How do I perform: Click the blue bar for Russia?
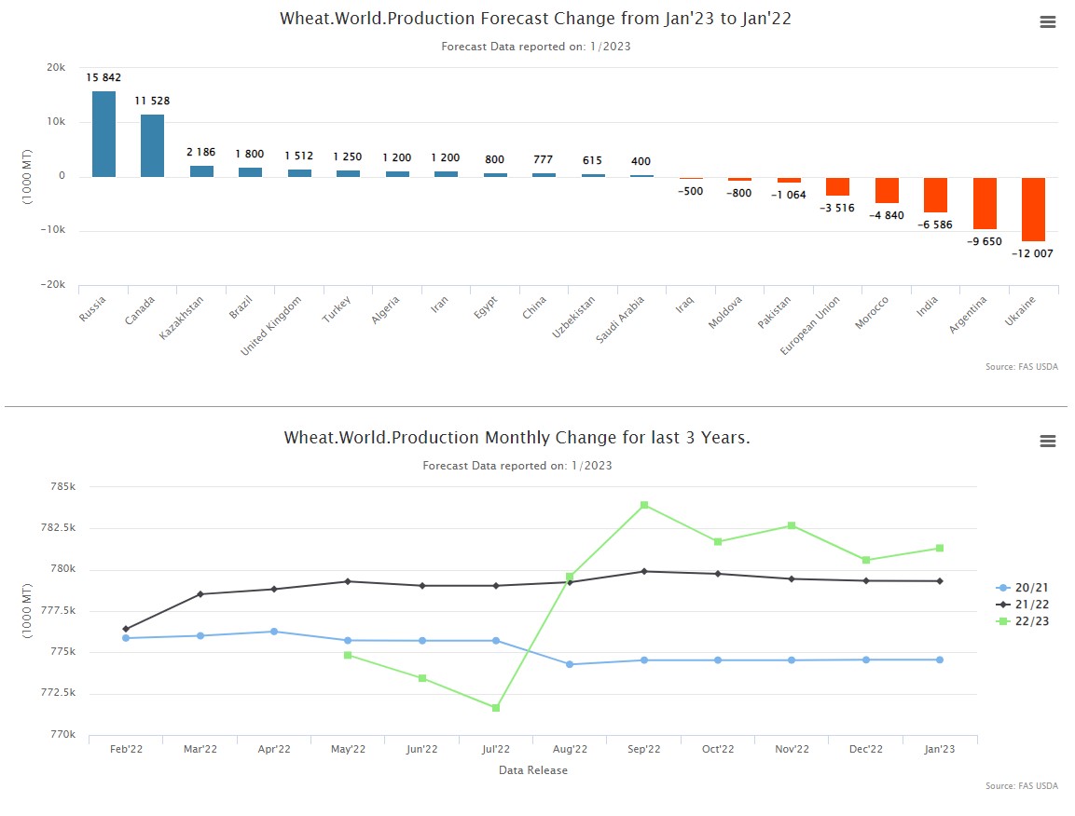[x=103, y=134]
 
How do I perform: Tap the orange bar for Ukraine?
[x=1033, y=210]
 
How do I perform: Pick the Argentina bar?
[x=985, y=203]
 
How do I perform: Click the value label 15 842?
[x=103, y=78]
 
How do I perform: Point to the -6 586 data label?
[x=935, y=224]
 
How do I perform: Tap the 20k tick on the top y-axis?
[x=55, y=68]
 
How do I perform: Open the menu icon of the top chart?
[x=1048, y=23]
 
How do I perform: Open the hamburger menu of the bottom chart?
[x=1048, y=442]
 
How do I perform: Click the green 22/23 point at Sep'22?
[x=644, y=505]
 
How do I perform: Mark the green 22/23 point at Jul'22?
[x=496, y=708]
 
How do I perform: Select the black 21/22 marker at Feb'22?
[x=126, y=629]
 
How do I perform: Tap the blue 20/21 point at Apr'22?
[x=274, y=632]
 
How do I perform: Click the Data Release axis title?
[x=532, y=770]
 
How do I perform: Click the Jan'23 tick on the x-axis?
[x=940, y=749]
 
